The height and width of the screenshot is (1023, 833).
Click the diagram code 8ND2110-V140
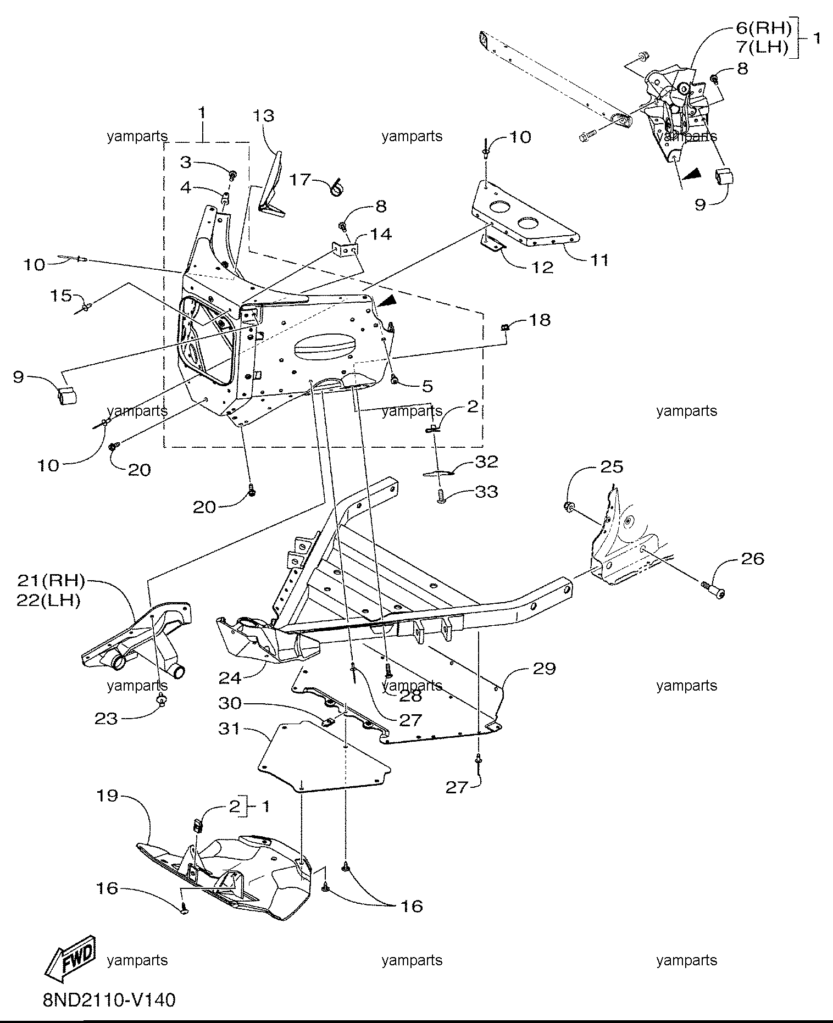110,999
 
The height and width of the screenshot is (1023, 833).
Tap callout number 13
264,116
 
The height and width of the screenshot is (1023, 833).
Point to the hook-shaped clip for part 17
336,187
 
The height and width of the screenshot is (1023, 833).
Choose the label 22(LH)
49,601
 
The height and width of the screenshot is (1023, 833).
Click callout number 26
753,558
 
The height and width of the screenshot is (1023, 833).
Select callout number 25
611,466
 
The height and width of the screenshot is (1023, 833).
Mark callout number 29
544,668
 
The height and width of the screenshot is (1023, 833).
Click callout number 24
230,678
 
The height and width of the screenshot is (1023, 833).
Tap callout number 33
486,491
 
